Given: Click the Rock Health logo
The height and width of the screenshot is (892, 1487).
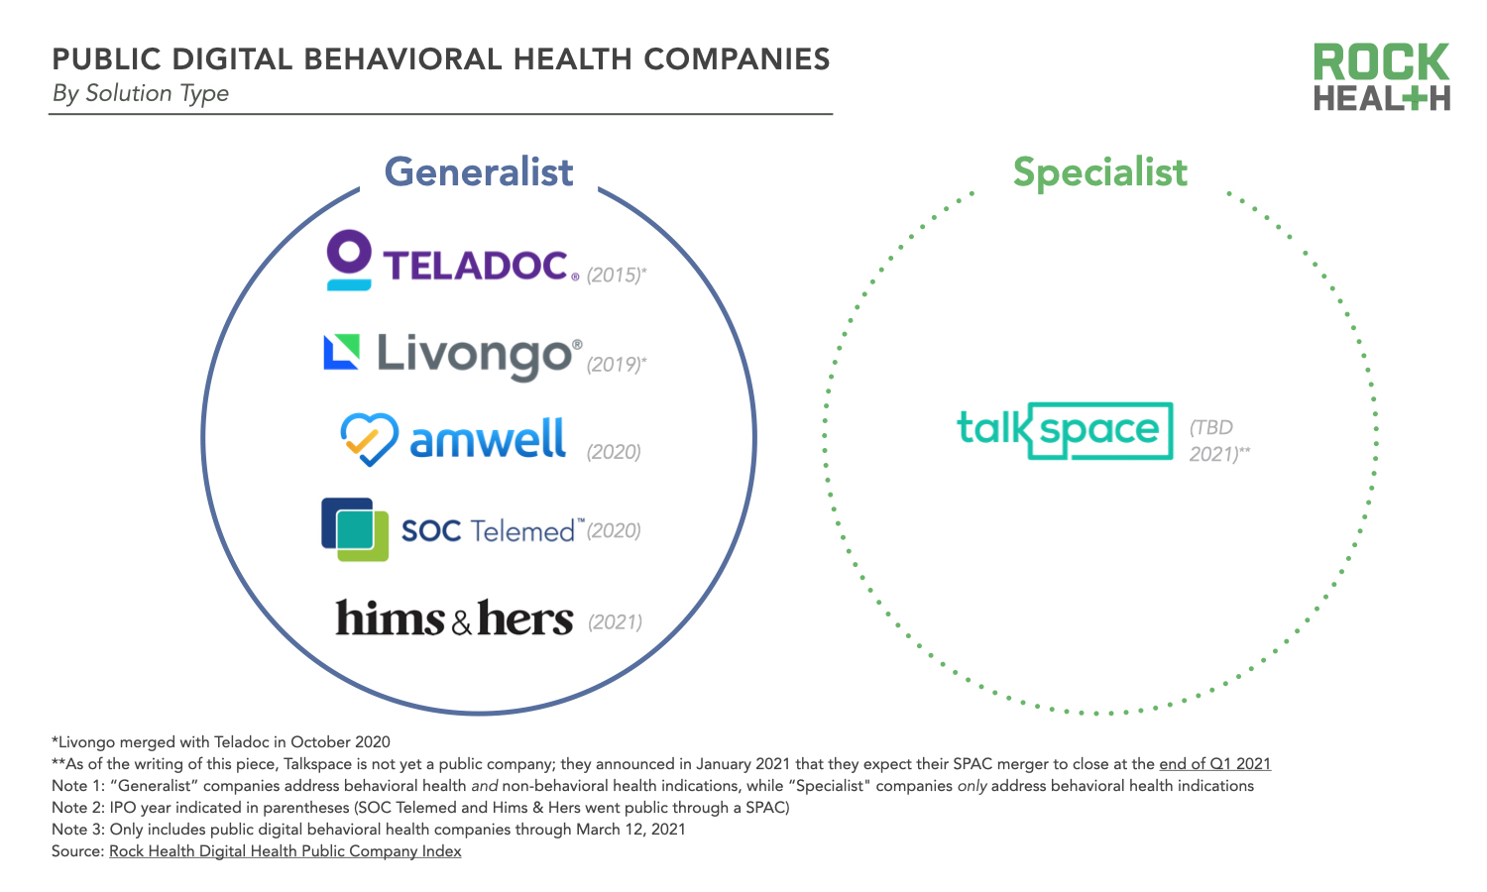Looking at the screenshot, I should (1381, 76).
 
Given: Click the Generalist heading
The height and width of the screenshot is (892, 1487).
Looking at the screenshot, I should (479, 172).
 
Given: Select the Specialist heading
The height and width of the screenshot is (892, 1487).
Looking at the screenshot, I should (1099, 172).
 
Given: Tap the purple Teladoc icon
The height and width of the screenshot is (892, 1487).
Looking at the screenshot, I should (349, 260).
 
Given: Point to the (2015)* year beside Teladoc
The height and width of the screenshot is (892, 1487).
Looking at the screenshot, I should (616, 276).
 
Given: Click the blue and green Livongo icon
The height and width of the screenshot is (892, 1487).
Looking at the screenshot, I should (341, 352).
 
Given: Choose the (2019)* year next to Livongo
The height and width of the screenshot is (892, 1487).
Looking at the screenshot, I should (616, 365).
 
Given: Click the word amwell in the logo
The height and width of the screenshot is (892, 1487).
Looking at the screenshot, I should (488, 439).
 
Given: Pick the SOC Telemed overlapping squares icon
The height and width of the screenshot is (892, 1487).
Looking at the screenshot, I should (355, 529).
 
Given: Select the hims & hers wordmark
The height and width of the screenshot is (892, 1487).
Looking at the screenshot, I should (454, 618).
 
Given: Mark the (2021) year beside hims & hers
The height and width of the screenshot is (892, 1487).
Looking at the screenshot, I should (615, 622).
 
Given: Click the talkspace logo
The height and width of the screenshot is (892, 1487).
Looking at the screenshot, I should (1065, 430).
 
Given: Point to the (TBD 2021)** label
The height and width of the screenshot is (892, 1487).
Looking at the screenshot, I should (1218, 441).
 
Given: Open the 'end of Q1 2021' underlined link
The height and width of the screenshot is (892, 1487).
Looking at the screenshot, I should (1214, 764).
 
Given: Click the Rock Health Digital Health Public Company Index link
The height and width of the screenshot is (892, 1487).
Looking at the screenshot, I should (286, 851).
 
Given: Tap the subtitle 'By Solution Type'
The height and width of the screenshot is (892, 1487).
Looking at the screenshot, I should (141, 93).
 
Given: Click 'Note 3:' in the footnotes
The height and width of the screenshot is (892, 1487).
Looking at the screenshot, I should (78, 830).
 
